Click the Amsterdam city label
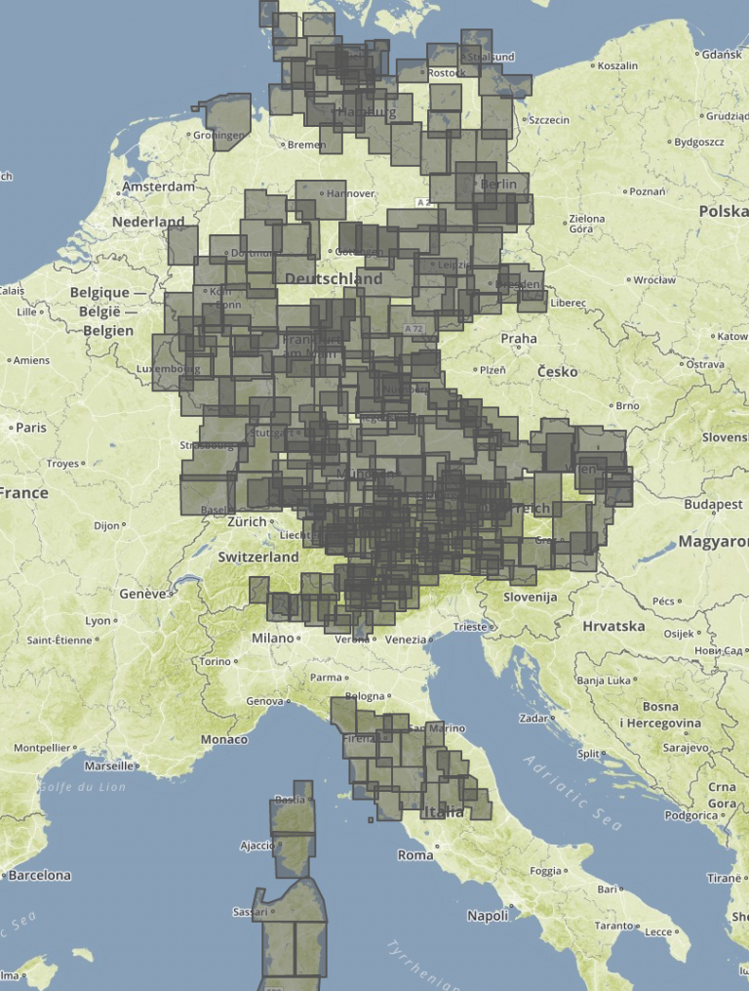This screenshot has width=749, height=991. pos(158,186)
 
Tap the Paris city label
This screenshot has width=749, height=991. pos(30,428)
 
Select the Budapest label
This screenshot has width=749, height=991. pos(713,505)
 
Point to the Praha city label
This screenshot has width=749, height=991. pos(518,339)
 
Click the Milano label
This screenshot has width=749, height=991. pos(272,638)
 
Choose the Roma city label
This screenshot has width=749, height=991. pos(415,855)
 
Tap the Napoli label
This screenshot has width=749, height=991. pos(488,916)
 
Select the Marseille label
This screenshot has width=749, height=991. pos(109,766)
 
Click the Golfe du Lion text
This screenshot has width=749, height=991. pos(82,787)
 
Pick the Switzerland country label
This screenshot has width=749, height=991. pos(257,557)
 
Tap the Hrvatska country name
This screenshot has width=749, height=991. pos(613,626)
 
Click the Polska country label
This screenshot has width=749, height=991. pos(723,212)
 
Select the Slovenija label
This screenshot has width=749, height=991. pos(530,597)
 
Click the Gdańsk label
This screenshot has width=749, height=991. pos(721,55)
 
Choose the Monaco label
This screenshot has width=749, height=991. pos(224,740)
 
